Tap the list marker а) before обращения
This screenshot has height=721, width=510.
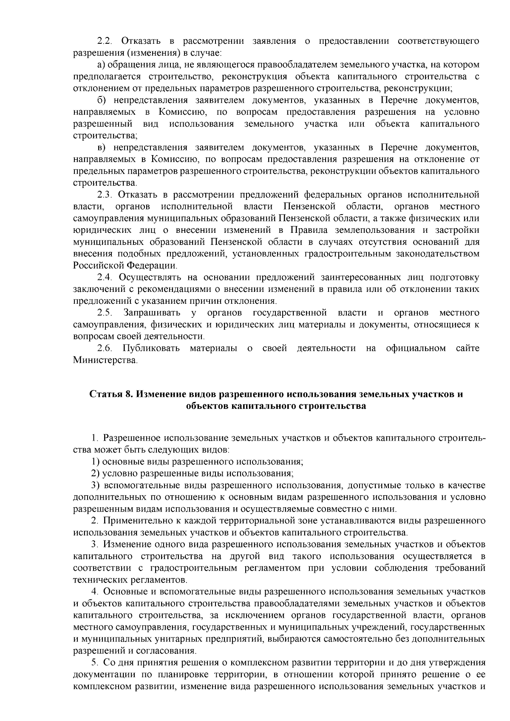click(101, 65)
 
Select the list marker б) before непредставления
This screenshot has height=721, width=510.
click(101, 100)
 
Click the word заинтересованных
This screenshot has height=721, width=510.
click(352, 277)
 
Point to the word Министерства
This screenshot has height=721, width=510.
click(105, 360)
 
